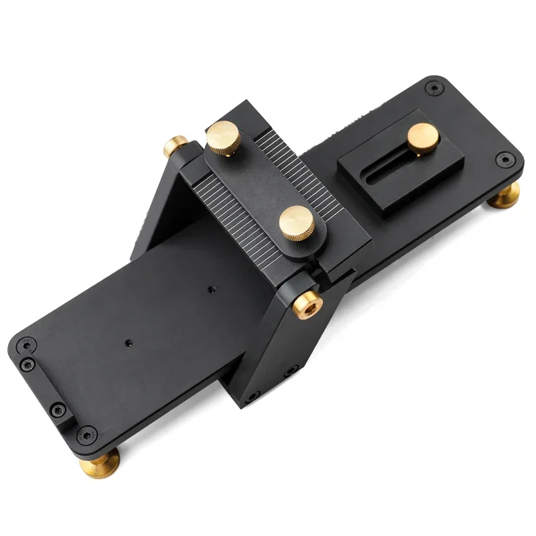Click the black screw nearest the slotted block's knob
coord(434,86)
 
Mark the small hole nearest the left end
coord(127,342)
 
